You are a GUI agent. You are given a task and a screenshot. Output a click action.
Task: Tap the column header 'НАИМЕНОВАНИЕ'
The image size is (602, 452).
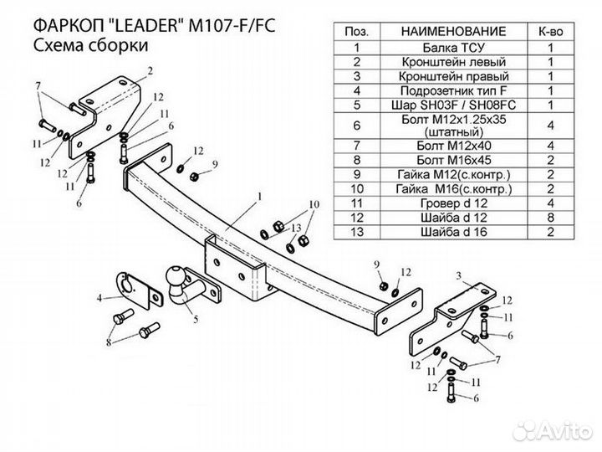452,30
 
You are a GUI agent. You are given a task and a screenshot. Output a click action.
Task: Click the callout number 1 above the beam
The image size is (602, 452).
259,196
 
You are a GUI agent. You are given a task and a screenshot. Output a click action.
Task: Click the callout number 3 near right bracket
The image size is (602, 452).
457,275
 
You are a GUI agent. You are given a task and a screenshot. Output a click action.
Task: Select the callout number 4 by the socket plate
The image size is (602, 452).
99,297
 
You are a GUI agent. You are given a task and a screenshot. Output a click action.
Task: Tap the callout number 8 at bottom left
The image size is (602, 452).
108,343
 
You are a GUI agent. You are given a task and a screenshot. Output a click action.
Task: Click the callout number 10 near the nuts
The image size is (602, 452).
314,204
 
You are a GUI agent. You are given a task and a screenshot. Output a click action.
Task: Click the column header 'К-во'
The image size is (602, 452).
550,30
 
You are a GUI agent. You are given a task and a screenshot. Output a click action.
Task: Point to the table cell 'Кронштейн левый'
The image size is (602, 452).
452,61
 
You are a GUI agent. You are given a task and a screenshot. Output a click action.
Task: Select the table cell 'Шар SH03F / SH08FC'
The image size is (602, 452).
452,106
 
